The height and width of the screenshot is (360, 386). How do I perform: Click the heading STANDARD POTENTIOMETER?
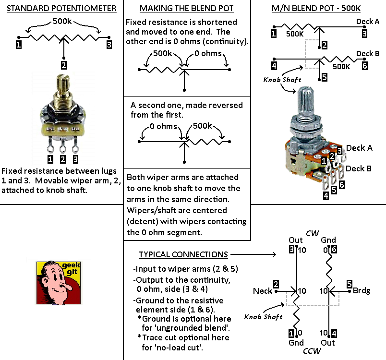[x=61, y=8]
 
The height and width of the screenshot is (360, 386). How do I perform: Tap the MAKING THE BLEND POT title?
[x=187, y=8]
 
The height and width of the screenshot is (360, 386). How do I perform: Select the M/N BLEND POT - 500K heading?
[x=316, y=8]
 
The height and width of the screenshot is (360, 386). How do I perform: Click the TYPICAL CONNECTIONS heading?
[x=183, y=254]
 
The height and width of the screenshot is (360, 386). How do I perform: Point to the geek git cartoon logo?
[x=59, y=283]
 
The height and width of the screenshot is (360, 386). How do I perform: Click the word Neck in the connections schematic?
[x=263, y=291]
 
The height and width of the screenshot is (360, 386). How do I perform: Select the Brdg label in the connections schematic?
[x=362, y=290]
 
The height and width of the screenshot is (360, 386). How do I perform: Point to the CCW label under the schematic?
[x=312, y=351]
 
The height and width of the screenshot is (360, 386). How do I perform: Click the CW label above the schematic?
[x=313, y=233]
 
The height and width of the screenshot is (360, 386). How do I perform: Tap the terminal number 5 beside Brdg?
[x=350, y=284]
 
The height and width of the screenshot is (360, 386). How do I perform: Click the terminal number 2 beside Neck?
[x=276, y=284]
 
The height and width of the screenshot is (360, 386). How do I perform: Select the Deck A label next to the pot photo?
[x=359, y=148]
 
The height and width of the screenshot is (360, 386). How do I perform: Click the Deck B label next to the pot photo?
[x=359, y=168]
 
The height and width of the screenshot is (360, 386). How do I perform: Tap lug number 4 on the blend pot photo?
[x=326, y=196]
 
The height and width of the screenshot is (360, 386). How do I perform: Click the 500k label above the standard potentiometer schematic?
[x=62, y=21]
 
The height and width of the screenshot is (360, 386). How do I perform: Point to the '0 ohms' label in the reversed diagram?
[x=163, y=126]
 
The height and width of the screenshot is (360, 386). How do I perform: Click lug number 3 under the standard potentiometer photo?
[x=75, y=159]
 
